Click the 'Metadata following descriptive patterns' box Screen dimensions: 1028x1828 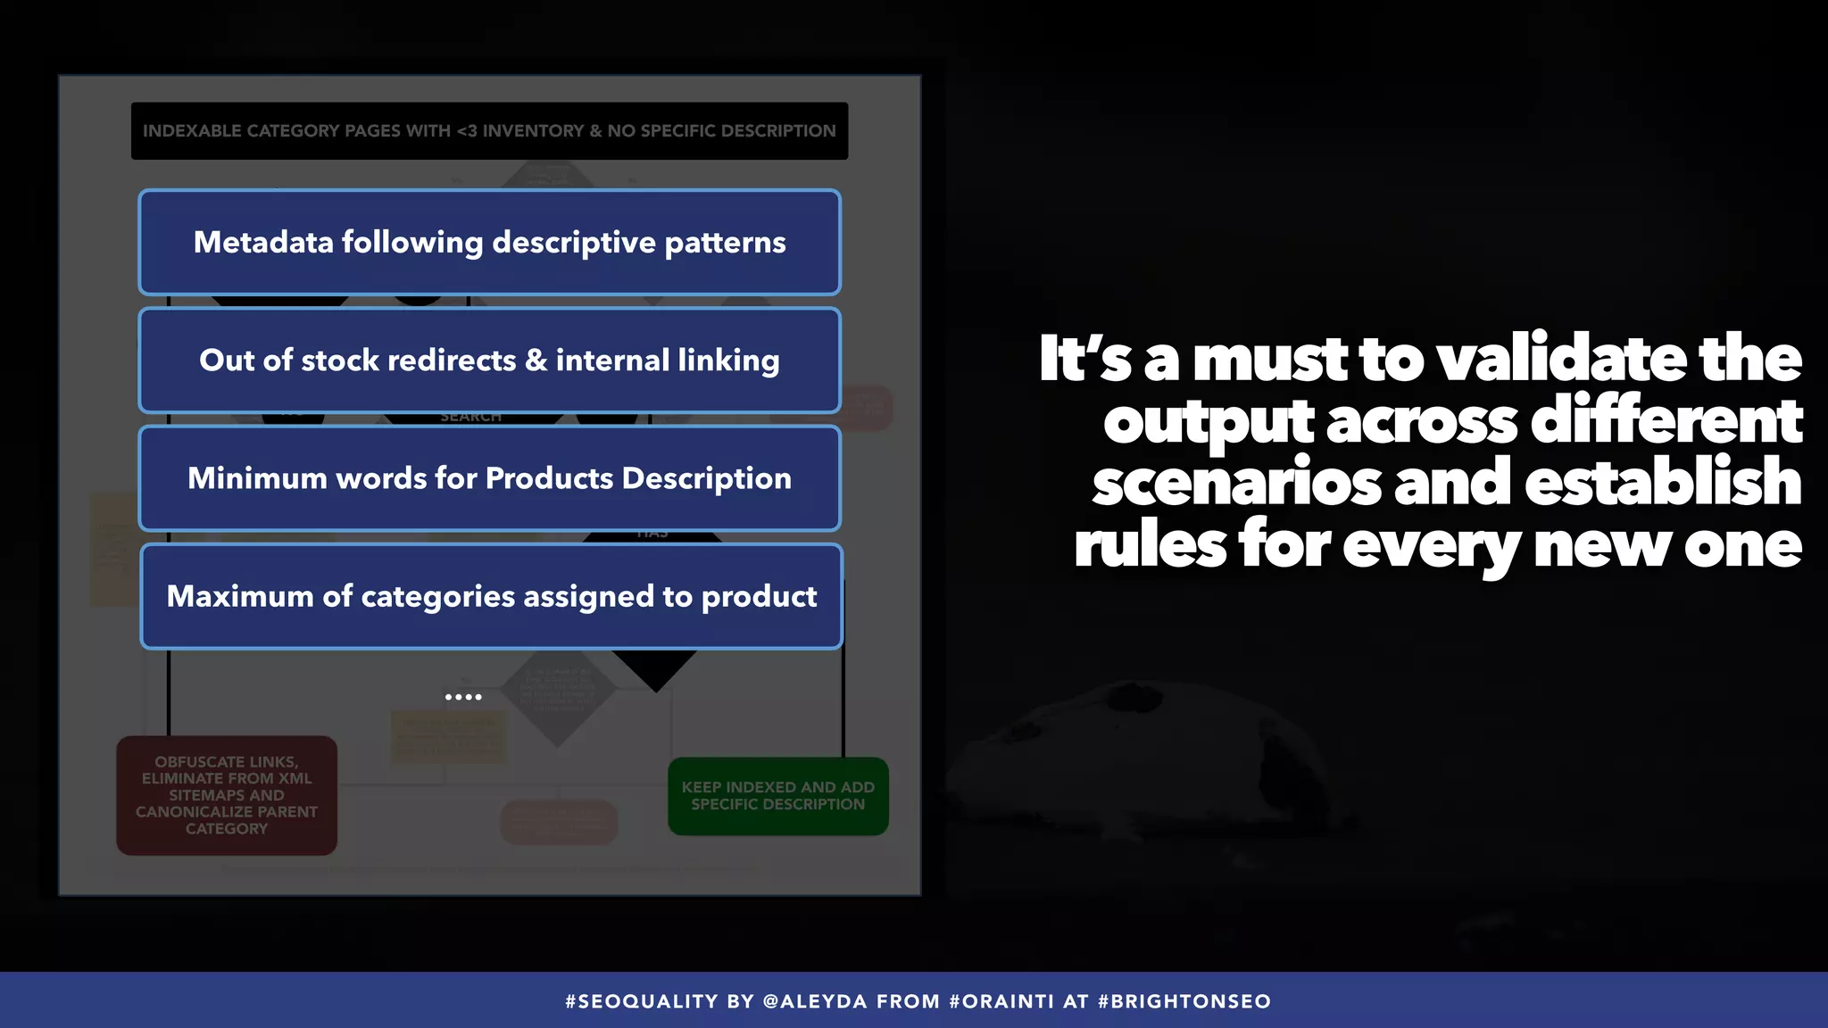(x=489, y=242)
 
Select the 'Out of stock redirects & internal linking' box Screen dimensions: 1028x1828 (x=489, y=360)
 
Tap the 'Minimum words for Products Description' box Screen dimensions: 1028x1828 (x=489, y=478)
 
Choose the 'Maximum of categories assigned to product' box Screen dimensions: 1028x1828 (x=491, y=596)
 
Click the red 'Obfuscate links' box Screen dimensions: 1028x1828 (x=227, y=795)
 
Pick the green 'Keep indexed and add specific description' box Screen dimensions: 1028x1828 (x=777, y=796)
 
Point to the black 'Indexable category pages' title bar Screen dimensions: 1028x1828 (x=489, y=131)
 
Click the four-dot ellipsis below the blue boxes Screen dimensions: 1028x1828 (x=463, y=697)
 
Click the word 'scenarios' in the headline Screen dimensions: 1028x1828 (x=1237, y=483)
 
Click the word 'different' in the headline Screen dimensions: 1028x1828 (x=1666, y=420)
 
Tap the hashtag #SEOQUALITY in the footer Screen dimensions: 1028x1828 (x=642, y=1001)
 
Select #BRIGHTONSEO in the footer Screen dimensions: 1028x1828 (x=1184, y=1001)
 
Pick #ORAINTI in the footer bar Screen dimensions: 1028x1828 (x=1001, y=1001)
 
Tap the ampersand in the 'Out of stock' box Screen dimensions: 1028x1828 (x=536, y=361)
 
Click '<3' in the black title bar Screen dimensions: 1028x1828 (x=467, y=131)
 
